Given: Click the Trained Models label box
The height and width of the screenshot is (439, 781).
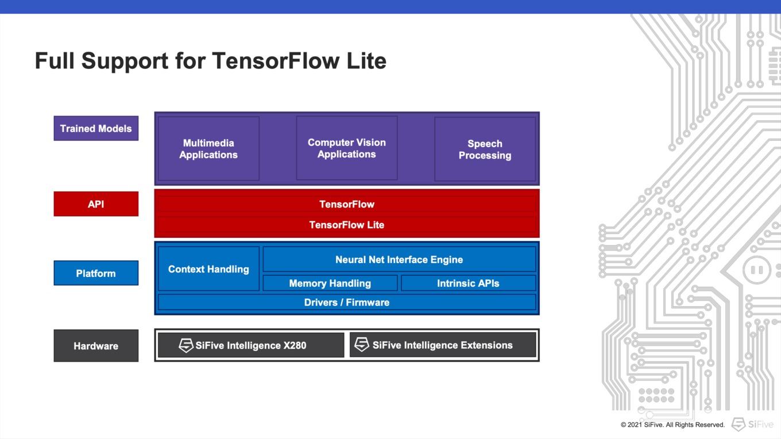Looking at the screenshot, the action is pyautogui.click(x=96, y=128).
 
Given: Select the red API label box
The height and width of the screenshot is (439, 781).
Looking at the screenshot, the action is pyautogui.click(x=96, y=204).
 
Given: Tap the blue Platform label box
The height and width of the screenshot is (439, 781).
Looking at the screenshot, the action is pyautogui.click(x=96, y=273).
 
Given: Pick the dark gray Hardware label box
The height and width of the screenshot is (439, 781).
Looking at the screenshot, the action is pyautogui.click(x=96, y=345).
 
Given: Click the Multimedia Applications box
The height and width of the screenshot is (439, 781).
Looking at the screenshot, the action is pyautogui.click(x=208, y=149).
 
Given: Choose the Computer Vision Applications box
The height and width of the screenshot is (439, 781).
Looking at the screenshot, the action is pyautogui.click(x=347, y=148).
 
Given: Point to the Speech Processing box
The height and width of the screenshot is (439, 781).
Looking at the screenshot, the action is pyautogui.click(x=485, y=149).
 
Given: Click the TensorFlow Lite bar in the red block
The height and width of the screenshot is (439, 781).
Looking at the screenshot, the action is pyautogui.click(x=347, y=225).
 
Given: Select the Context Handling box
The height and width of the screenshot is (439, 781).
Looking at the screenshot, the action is pyautogui.click(x=208, y=269).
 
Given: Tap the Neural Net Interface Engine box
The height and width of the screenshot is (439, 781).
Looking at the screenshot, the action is pyautogui.click(x=399, y=259).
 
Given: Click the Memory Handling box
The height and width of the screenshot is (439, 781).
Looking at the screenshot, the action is pyautogui.click(x=330, y=283).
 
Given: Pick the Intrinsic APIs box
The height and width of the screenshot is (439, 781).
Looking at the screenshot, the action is pyautogui.click(x=468, y=283).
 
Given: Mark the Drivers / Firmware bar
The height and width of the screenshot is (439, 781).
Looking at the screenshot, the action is pyautogui.click(x=347, y=302).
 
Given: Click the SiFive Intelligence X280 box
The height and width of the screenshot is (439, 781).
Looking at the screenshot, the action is pyautogui.click(x=251, y=345).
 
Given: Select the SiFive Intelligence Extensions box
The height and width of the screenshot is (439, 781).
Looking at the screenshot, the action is pyautogui.click(x=443, y=345).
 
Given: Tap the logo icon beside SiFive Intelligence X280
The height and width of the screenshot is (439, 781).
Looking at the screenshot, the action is pyautogui.click(x=186, y=345).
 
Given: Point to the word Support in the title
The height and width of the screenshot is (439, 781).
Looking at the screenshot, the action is pyautogui.click(x=125, y=61).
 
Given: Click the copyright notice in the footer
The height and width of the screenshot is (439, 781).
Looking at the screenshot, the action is pyautogui.click(x=672, y=425).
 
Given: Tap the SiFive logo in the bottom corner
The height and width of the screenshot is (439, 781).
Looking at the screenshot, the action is pyautogui.click(x=752, y=424).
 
